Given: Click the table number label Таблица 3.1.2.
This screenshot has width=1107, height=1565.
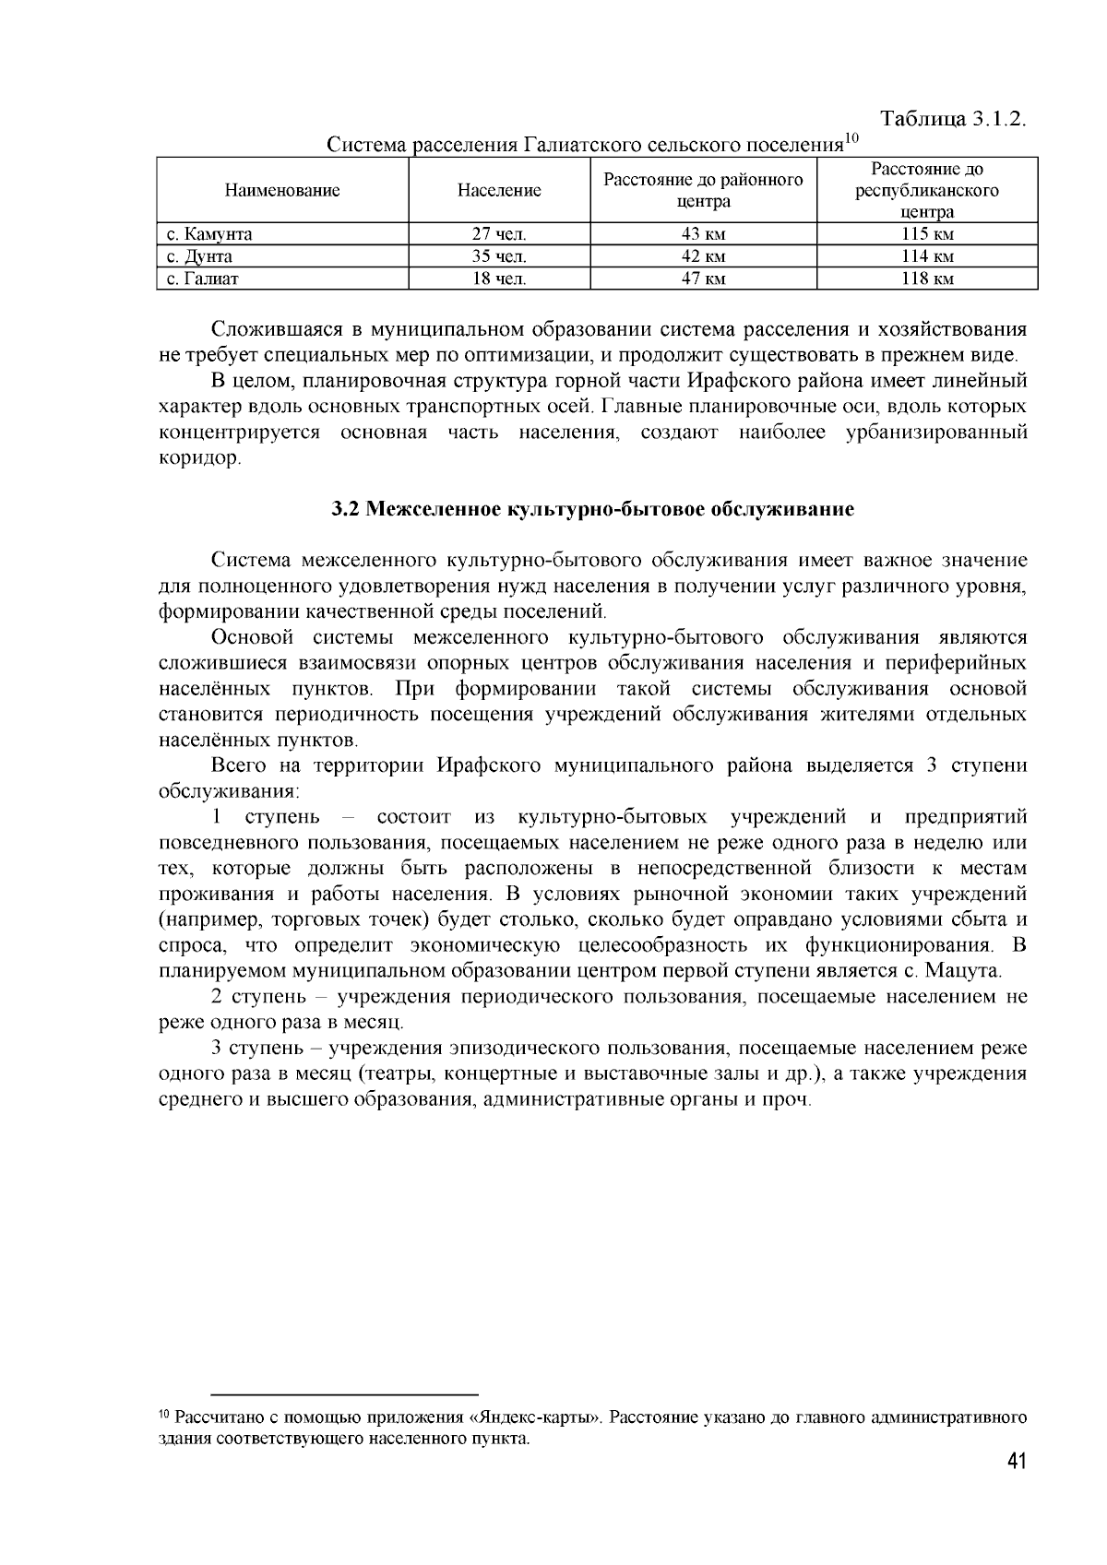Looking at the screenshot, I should tap(954, 120).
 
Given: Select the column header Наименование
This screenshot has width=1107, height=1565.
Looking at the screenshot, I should tap(282, 191).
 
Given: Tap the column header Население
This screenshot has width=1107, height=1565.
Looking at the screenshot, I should tap(499, 191).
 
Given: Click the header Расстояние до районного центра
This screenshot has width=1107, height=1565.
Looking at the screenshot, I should tap(703, 191).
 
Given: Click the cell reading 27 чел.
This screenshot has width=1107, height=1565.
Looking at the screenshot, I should tap(499, 234).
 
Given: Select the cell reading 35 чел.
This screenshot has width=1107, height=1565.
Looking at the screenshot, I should tap(499, 256).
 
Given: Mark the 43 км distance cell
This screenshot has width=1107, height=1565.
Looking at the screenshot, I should tap(703, 234).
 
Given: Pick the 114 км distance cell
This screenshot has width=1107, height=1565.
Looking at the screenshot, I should tap(927, 256).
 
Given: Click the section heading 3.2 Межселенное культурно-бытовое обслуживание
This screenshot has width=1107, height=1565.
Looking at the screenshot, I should tap(592, 510).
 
